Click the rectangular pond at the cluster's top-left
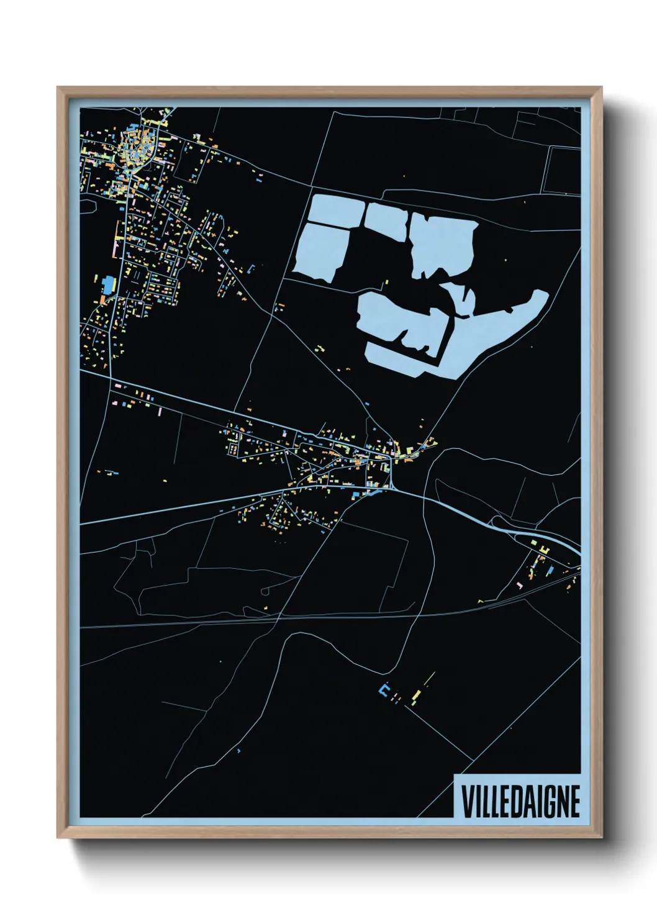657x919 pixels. [x=336, y=212]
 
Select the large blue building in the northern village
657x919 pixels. [x=109, y=284]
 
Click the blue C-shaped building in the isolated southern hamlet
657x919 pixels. [x=384, y=690]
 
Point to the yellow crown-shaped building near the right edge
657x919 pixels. [x=543, y=550]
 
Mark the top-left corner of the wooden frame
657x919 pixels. [x=58, y=88]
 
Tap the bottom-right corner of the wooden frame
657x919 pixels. [x=601, y=837]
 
